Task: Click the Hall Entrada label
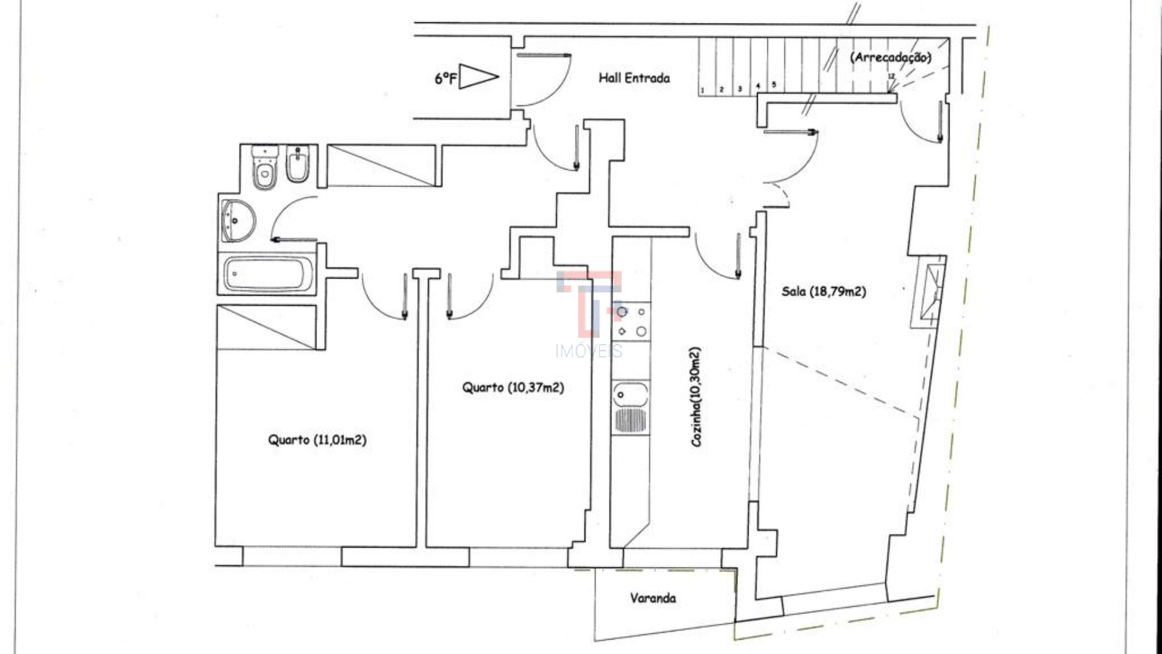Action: pyautogui.click(x=634, y=78)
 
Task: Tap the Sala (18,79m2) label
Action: pyautogui.click(x=823, y=292)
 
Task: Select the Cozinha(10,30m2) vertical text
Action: pyautogui.click(x=696, y=397)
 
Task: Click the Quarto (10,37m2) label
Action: pyautogui.click(x=513, y=388)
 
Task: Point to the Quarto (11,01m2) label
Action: pyautogui.click(x=317, y=440)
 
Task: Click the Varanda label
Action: pyautogui.click(x=652, y=598)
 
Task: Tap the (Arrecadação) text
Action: pyautogui.click(x=890, y=58)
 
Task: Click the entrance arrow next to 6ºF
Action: pyautogui.click(x=478, y=77)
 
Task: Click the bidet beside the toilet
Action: pyautogui.click(x=297, y=165)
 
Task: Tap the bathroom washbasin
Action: pyautogui.click(x=237, y=220)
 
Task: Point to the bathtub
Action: pyautogui.click(x=268, y=274)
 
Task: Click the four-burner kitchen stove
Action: pyautogui.click(x=631, y=322)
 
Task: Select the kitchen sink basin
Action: pyautogui.click(x=630, y=395)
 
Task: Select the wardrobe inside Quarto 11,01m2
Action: pyautogui.click(x=267, y=327)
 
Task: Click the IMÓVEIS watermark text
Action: pyautogui.click(x=588, y=351)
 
